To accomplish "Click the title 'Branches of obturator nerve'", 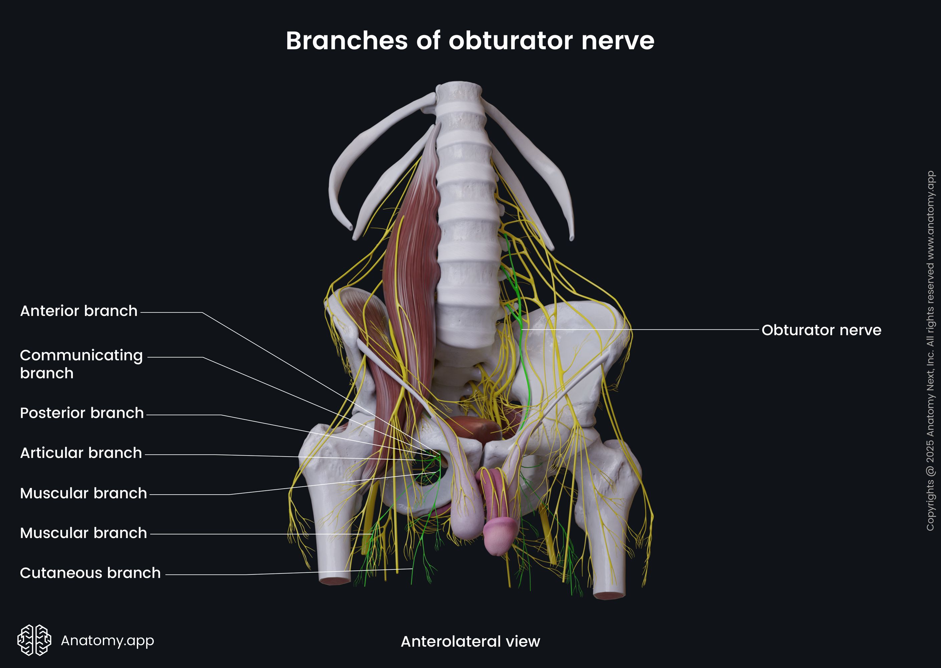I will click(470, 41).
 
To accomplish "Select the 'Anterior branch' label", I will click(78, 311).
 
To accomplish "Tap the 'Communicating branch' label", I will click(81, 364).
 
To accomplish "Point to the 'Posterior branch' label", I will click(82, 413).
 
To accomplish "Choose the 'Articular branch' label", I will click(81, 453).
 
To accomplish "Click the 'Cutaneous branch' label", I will click(90, 573).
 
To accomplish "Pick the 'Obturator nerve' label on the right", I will click(821, 330).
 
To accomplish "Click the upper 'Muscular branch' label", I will click(83, 493).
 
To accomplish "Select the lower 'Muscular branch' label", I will click(83, 533).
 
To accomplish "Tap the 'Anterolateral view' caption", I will click(470, 641).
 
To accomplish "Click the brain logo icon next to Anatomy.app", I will click(34, 640).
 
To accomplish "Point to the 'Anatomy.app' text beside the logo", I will click(107, 640).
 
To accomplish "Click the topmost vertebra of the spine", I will click(458, 93).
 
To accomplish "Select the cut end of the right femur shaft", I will click(609, 595).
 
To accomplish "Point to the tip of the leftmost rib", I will click(349, 227).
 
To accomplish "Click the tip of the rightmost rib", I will click(571, 238).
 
